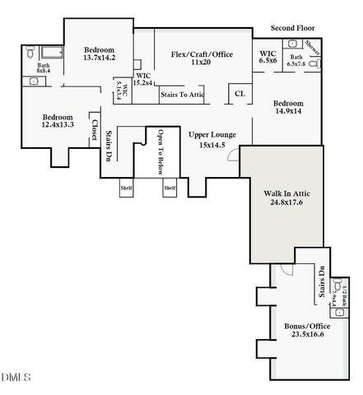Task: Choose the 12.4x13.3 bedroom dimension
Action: coord(58,125)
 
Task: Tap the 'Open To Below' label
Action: coord(161,153)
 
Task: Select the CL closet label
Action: coord(240,95)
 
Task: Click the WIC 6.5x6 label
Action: coord(268,57)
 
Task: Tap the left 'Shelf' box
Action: coord(126,188)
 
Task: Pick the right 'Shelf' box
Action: coord(170,188)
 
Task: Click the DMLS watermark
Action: coord(16,377)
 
